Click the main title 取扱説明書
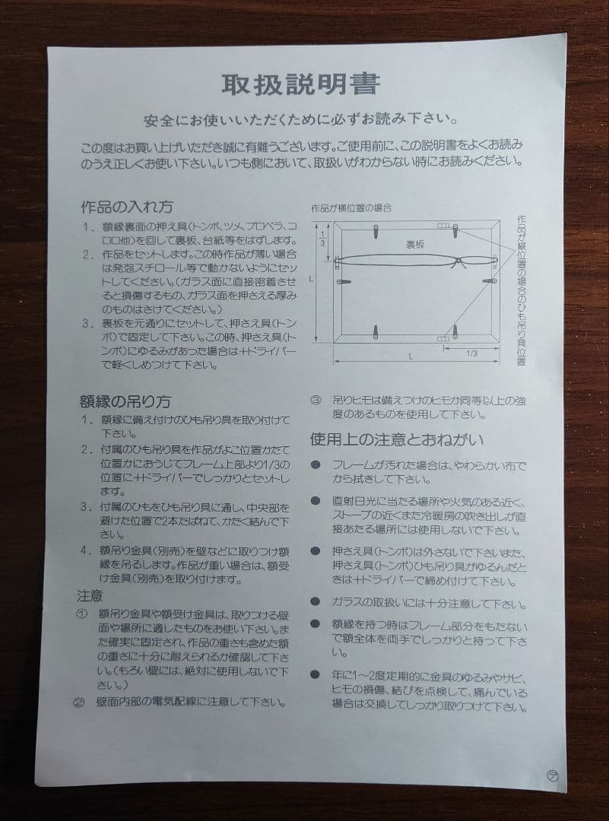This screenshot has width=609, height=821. (x=300, y=84)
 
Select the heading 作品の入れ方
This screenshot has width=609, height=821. (x=127, y=207)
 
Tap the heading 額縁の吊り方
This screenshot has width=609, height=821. (x=125, y=401)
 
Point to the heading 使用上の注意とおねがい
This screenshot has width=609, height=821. (x=397, y=440)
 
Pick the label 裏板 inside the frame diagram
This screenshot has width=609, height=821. (x=414, y=244)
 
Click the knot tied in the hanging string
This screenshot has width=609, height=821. (x=457, y=262)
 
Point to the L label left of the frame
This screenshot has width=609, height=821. (x=312, y=280)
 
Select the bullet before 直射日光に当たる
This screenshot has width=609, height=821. (x=314, y=501)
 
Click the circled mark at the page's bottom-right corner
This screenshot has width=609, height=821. (x=553, y=774)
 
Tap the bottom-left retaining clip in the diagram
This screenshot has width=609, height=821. (x=378, y=331)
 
